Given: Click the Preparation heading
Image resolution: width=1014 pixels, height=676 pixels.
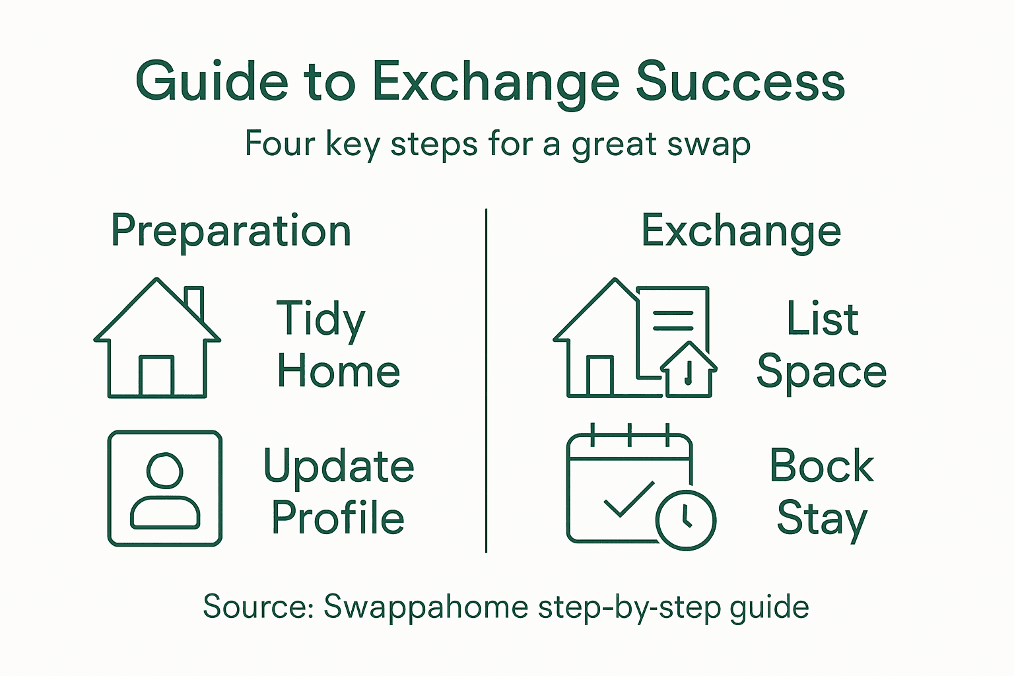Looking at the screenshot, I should pyautogui.click(x=231, y=231).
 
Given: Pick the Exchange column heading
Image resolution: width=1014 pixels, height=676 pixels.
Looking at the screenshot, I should pyautogui.click(x=741, y=231).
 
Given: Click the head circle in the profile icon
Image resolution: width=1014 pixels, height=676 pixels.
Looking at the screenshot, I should pyautogui.click(x=165, y=470).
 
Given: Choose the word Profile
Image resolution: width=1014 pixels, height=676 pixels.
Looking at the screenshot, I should pyautogui.click(x=338, y=518).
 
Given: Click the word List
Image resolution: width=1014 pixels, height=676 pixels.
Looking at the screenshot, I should pyautogui.click(x=822, y=319).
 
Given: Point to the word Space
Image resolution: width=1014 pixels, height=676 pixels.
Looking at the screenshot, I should pyautogui.click(x=821, y=372).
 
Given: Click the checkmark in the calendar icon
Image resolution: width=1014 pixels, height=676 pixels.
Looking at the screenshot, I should pyautogui.click(x=628, y=500).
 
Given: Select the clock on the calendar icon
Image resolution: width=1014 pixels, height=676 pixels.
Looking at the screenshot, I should pyautogui.click(x=685, y=520).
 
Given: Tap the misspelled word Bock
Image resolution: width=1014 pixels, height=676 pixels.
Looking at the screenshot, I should pyautogui.click(x=821, y=466).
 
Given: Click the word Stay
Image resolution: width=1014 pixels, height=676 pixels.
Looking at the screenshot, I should pyautogui.click(x=821, y=519).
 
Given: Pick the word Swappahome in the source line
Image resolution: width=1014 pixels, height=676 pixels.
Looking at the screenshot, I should pyautogui.click(x=426, y=607).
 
